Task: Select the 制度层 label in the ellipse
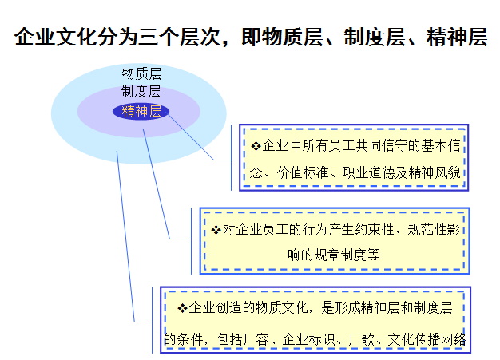[x=141, y=91]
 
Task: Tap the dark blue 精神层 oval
[x=141, y=111]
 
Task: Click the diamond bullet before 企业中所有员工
[x=256, y=145]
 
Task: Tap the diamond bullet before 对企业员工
[x=216, y=230]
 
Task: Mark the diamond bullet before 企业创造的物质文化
[x=181, y=308]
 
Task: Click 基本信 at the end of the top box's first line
[x=443, y=145]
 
